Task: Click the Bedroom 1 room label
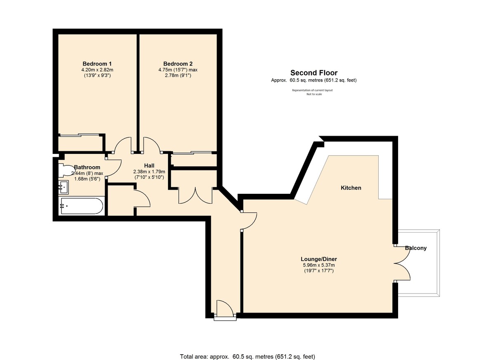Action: (x=97, y=64)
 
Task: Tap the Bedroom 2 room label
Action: (x=178, y=64)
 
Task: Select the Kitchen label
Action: (x=351, y=188)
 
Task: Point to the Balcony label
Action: (x=415, y=248)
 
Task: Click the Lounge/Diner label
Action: (x=316, y=259)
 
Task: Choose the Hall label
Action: (x=149, y=165)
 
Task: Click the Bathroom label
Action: (x=87, y=167)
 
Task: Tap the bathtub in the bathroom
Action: (x=81, y=206)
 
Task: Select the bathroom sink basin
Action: (x=64, y=187)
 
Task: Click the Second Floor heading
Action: (x=313, y=73)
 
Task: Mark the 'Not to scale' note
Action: (x=313, y=94)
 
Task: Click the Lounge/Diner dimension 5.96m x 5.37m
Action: (x=316, y=265)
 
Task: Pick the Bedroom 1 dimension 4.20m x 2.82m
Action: (x=97, y=70)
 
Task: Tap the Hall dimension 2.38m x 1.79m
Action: (x=149, y=172)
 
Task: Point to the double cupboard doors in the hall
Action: (x=195, y=195)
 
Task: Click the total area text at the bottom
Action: (x=247, y=356)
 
